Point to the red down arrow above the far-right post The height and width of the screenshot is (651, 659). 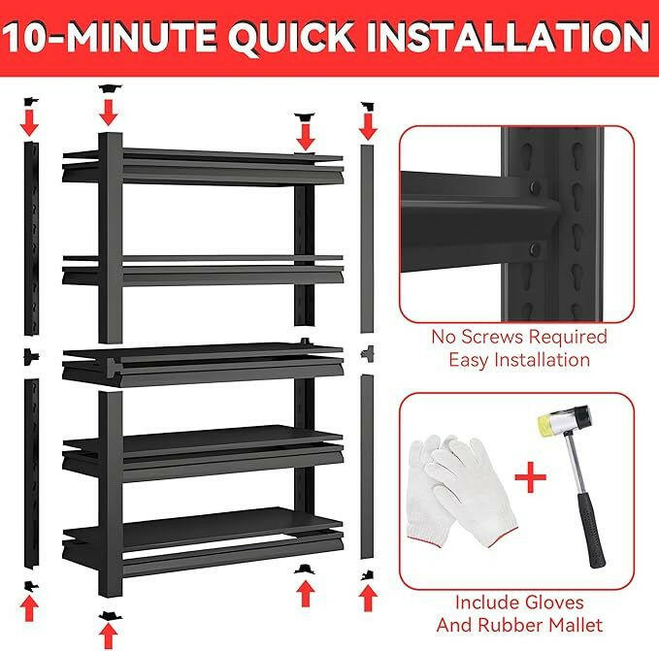pyautogui.click(x=367, y=123)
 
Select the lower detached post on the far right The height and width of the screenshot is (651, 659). pyautogui.click(x=367, y=466)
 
